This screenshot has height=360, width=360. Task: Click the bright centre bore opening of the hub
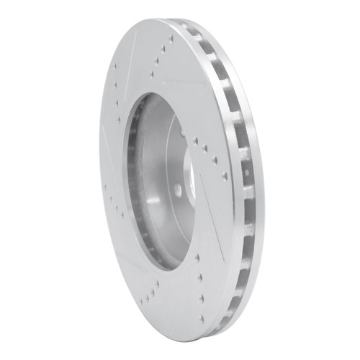pyautogui.click(x=189, y=173)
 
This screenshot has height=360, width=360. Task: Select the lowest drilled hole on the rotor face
pyautogui.click(x=202, y=318)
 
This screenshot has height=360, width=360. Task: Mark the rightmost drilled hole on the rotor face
pyautogui.click(x=224, y=176)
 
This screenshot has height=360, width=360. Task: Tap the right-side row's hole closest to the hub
pyautogui.click(x=195, y=142)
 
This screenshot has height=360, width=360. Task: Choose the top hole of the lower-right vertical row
pyautogui.click(x=197, y=256)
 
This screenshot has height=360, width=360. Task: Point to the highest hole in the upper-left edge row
pyautogui.click(x=115, y=67)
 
